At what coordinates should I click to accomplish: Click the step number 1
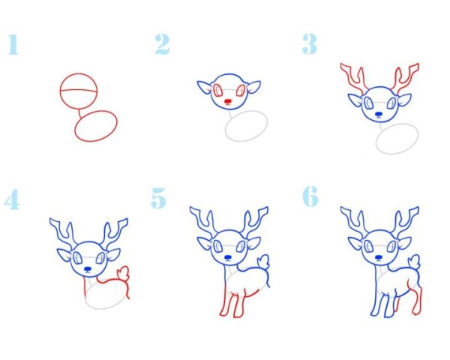point(13,44)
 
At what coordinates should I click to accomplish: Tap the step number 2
point(163,44)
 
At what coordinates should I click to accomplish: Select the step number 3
point(310,43)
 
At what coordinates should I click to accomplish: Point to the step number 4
point(12,199)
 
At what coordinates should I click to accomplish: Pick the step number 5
point(159,198)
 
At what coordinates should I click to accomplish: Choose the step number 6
point(310,196)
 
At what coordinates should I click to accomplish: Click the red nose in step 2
point(228,101)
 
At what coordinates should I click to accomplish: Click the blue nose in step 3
point(379,114)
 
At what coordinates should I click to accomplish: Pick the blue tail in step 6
point(414,262)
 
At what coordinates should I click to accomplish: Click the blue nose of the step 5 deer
point(228,257)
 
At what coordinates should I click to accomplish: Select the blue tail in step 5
point(263,262)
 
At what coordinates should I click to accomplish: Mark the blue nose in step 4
point(88,269)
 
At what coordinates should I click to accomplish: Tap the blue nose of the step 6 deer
point(379,257)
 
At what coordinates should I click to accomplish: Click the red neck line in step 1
point(80,113)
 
